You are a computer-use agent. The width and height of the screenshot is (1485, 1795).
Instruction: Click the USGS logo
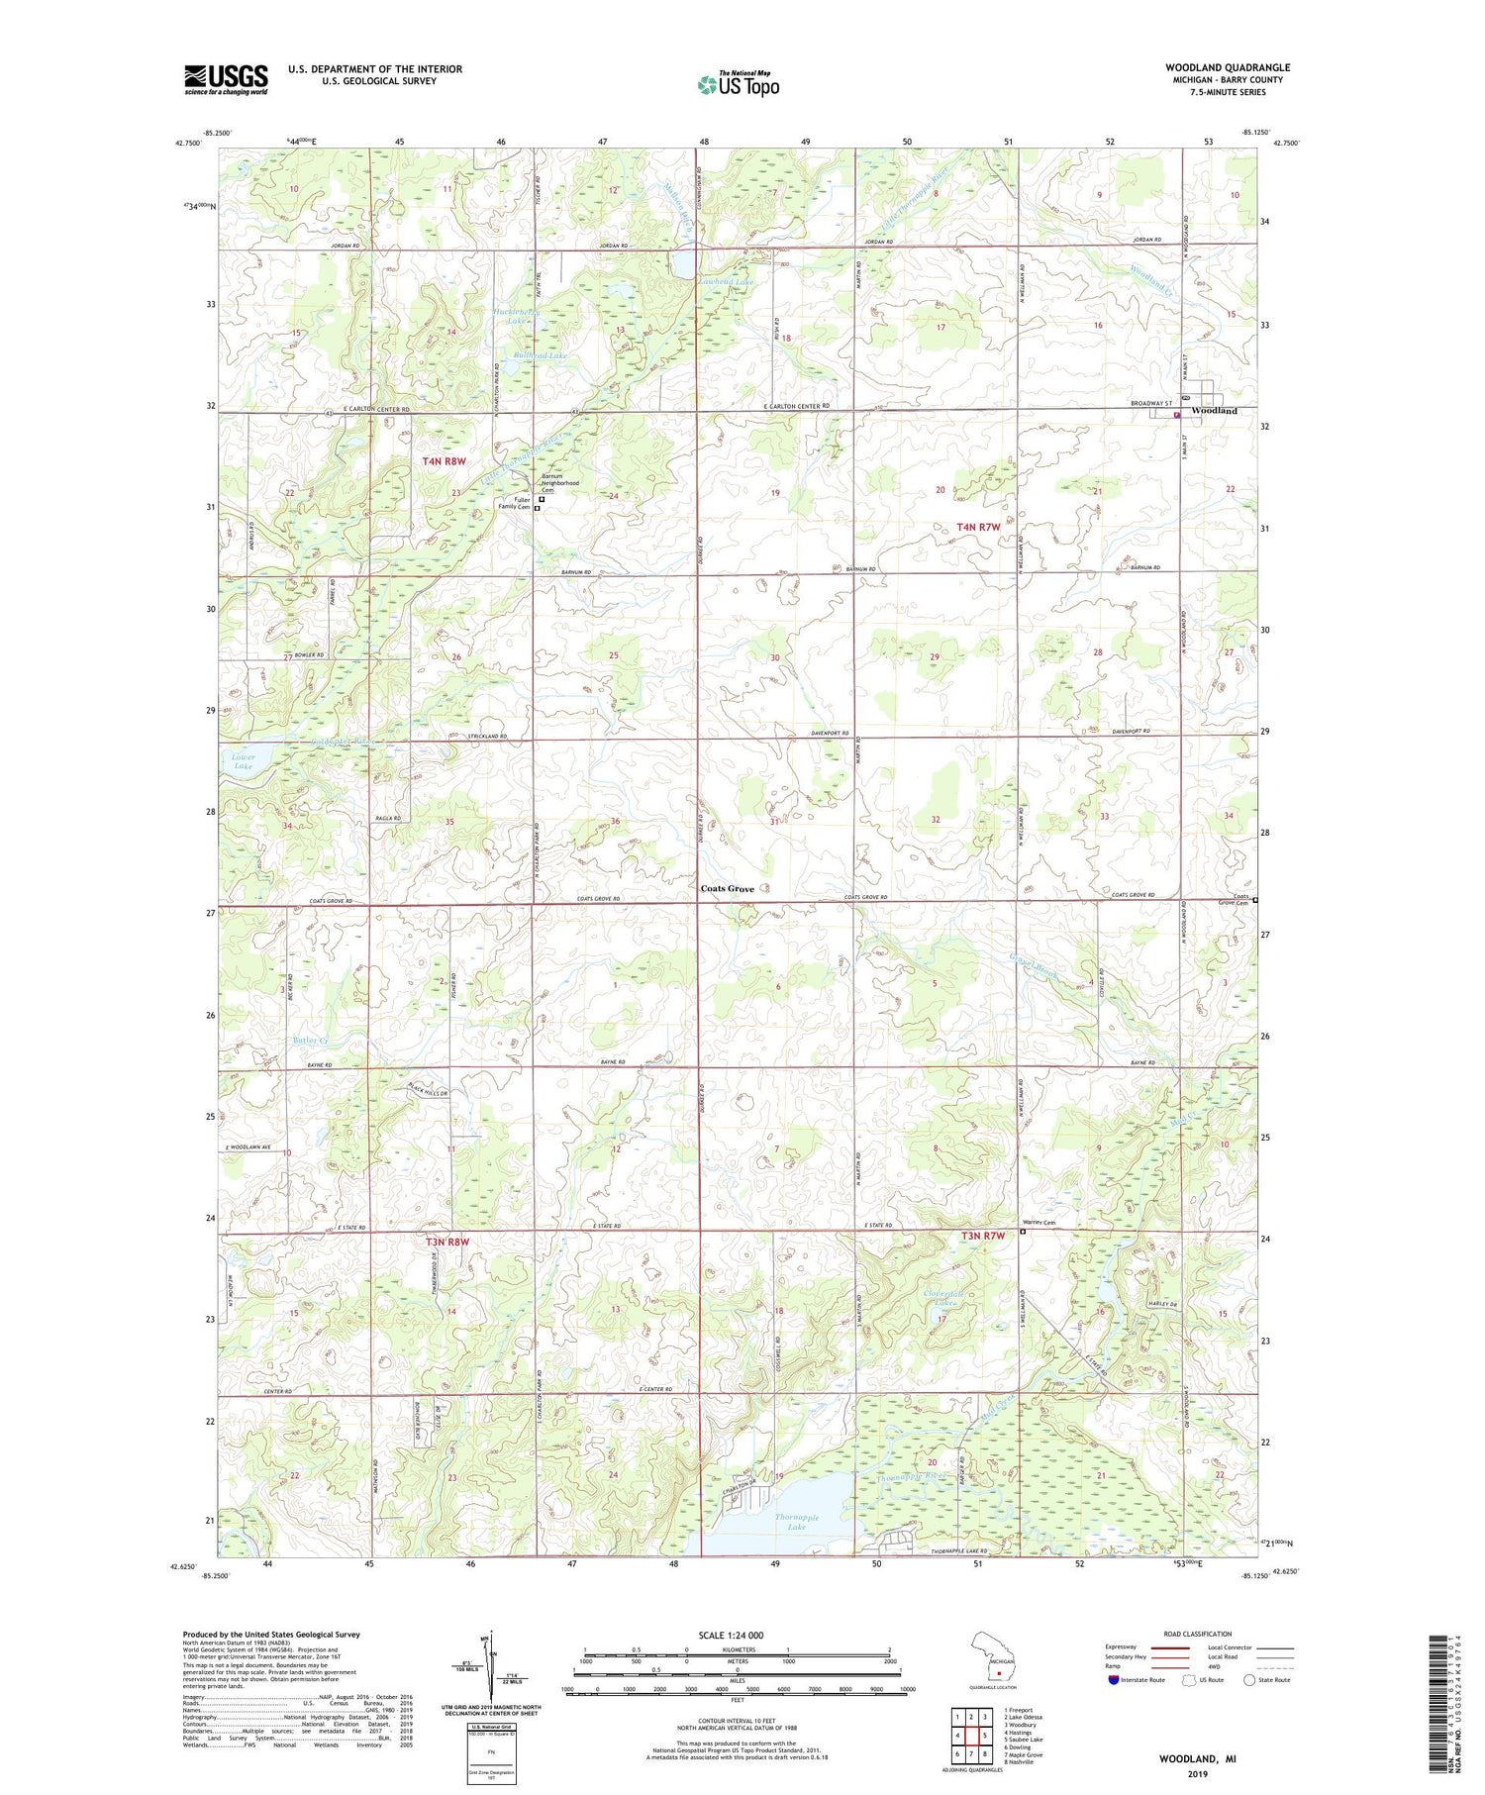click(x=226, y=79)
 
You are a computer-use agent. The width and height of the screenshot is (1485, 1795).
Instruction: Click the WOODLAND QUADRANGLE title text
click(x=1227, y=67)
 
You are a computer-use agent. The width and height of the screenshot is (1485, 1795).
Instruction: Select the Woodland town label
click(x=1214, y=410)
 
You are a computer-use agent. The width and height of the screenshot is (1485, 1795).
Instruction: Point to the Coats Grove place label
click(x=727, y=888)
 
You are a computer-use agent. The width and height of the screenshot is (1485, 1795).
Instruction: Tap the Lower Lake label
click(x=243, y=761)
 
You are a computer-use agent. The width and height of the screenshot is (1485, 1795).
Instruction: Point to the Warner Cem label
click(x=1039, y=1223)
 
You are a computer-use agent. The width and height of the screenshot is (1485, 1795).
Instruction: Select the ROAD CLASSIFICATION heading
click(x=1198, y=1634)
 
